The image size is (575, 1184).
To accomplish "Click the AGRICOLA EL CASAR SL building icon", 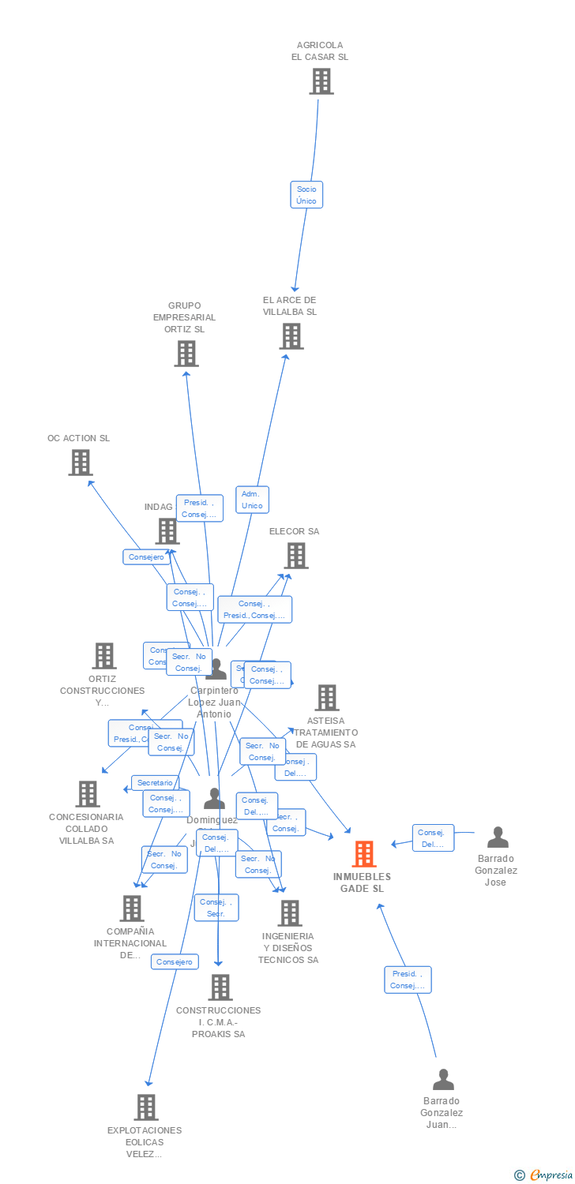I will coord(321,81).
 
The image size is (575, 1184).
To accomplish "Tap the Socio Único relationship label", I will coord(306,195).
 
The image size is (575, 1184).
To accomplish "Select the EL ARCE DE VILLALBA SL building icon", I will coord(291,336).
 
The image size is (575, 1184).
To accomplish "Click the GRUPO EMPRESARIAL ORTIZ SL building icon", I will coord(186,354).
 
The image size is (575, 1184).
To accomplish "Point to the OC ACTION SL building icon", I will coord(81,463).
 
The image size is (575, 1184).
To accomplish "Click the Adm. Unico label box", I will coord(252,500).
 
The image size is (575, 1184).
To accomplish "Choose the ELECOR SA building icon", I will coord(296,556).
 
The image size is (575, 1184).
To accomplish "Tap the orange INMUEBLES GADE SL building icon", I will coord(363,854).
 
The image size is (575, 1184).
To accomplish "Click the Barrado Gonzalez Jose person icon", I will coord(498,837).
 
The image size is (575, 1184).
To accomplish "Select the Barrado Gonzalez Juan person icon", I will coord(443,1079).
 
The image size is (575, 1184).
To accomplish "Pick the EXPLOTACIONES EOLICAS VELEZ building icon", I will coord(146,1107).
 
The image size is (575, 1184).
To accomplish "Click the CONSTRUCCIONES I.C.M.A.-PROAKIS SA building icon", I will coord(220,987).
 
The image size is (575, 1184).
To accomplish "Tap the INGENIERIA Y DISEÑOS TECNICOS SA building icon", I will coord(290,913).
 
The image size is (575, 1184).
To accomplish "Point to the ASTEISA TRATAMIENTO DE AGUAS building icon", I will coord(327,698).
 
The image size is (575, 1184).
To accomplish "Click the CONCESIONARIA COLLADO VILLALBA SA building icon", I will coord(88,794).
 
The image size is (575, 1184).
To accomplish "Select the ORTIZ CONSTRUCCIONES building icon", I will coord(104,656).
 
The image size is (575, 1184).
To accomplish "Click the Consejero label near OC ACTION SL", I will coord(147,557).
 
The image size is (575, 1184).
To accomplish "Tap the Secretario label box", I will coord(155,783).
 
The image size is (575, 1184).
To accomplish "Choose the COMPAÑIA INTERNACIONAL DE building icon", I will coord(131,909).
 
